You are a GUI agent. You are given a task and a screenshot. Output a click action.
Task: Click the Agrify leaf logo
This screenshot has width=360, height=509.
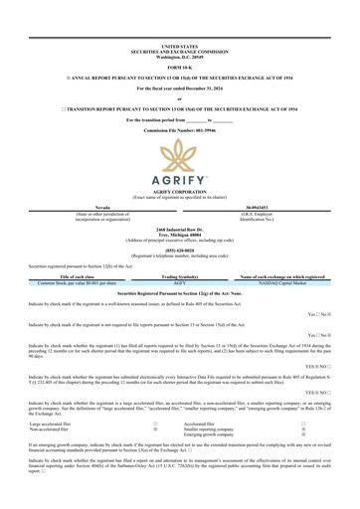click(x=179, y=155)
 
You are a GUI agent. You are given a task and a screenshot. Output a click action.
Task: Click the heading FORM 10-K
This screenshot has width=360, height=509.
click(x=179, y=65)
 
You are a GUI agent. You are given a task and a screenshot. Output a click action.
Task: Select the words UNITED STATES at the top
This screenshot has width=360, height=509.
click(x=179, y=46)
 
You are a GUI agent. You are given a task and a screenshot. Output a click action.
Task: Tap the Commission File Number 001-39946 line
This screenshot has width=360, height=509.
click(x=179, y=129)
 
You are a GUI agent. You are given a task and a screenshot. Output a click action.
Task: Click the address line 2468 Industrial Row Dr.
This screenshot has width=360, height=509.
click(x=179, y=229)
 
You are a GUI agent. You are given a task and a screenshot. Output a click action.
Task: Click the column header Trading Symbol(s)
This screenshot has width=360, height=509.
click(x=180, y=276)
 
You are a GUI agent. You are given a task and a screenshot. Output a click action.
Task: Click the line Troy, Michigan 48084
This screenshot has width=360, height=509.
click(x=179, y=235)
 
